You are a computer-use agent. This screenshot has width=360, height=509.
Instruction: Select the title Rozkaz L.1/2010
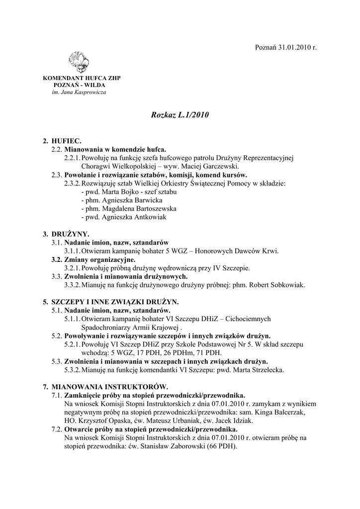coord(180,115)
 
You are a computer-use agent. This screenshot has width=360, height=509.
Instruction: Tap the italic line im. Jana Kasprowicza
coord(79,92)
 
